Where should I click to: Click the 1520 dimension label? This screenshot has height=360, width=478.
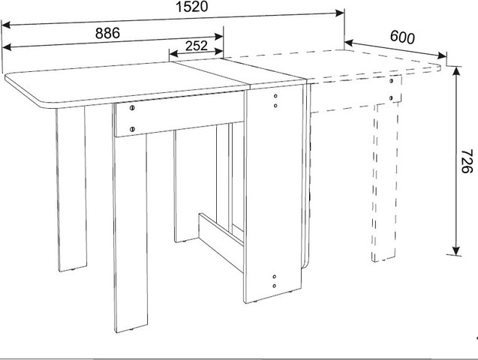192,7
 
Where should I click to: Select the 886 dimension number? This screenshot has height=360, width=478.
107,33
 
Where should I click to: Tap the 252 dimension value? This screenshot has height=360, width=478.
197,46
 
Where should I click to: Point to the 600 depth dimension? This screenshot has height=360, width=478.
402,37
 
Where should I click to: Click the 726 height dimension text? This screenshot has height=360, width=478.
466,161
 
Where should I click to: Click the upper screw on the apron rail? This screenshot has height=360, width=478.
132,108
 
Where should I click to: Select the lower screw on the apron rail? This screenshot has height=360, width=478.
132,129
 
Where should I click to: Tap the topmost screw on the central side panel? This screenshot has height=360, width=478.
275,96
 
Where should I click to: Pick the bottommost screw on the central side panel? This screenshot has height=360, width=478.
275,286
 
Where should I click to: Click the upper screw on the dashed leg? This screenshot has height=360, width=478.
391,81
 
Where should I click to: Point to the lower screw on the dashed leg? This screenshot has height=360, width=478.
391,98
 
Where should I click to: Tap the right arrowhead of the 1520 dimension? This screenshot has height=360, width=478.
340,13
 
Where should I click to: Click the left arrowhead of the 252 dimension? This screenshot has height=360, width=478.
174,54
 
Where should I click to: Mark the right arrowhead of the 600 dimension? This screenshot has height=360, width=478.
442,55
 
